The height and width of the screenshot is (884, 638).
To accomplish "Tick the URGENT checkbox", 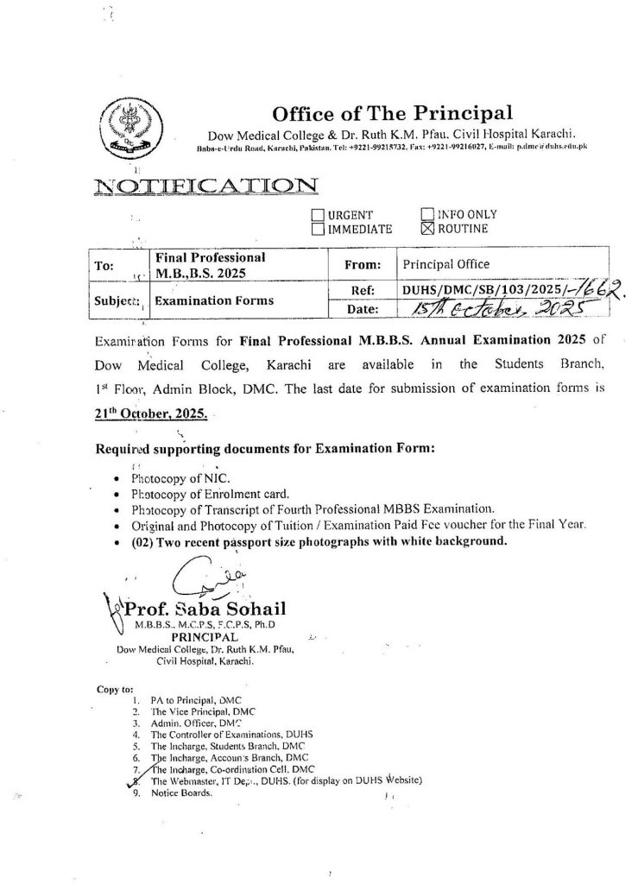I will pyautogui.click(x=318, y=215).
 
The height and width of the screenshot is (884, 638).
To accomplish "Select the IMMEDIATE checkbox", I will pyautogui.click(x=318, y=230).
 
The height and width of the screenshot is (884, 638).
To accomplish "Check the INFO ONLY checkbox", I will pyautogui.click(x=426, y=215).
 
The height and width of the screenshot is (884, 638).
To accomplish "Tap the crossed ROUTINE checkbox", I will pyautogui.click(x=426, y=230).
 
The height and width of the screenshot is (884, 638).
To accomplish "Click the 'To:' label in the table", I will pyautogui.click(x=104, y=267).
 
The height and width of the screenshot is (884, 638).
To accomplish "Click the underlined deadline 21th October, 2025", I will pyautogui.click(x=150, y=414).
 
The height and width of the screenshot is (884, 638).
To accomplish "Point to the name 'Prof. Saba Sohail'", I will pyautogui.click(x=199, y=610).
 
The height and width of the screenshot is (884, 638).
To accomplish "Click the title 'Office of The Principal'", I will pyautogui.click(x=392, y=113).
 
